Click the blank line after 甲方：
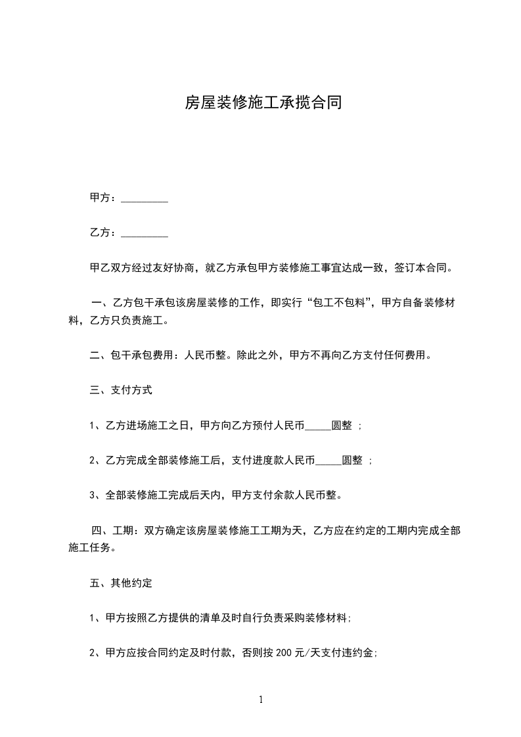[145, 198]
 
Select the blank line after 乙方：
[145, 233]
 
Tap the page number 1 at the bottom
[261, 700]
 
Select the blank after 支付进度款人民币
[328, 460]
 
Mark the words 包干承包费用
[137, 355]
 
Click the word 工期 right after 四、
[121, 530]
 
